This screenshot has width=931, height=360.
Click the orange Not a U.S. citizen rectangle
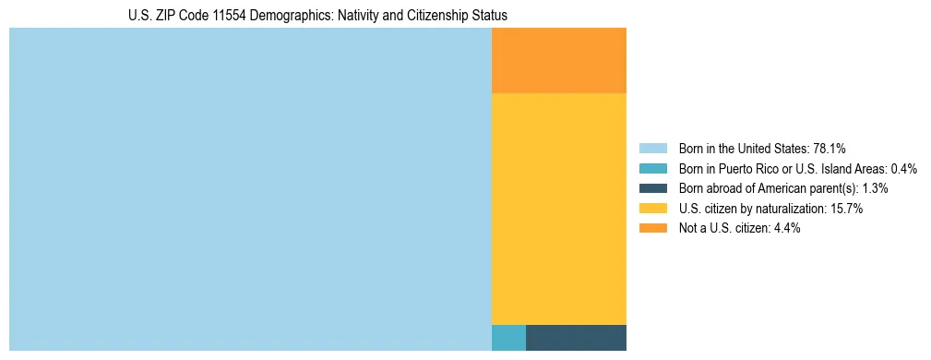point(558,61)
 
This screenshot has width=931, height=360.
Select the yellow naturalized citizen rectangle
point(558,210)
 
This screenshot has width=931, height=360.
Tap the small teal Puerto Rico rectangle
point(508,338)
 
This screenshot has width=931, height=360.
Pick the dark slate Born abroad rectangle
point(576,338)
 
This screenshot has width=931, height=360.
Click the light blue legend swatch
point(652,148)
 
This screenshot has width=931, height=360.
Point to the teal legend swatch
point(652,168)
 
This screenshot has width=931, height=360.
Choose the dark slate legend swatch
point(652,188)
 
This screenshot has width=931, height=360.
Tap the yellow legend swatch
point(652,209)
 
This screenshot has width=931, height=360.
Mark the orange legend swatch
point(652,228)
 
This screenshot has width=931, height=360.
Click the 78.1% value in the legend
point(830,148)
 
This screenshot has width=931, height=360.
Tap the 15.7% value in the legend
point(846,209)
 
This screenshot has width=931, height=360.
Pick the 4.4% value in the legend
point(785,228)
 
